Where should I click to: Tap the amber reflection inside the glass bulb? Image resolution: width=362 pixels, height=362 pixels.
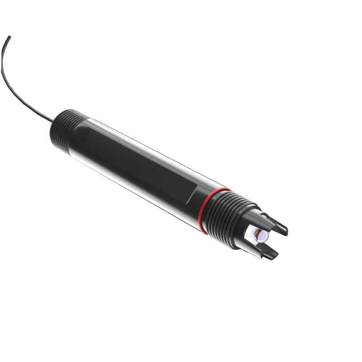tap(258, 234)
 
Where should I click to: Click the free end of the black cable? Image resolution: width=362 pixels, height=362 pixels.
tap(10, 37)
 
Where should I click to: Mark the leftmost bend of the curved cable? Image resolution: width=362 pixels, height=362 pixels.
tap(2, 68)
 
